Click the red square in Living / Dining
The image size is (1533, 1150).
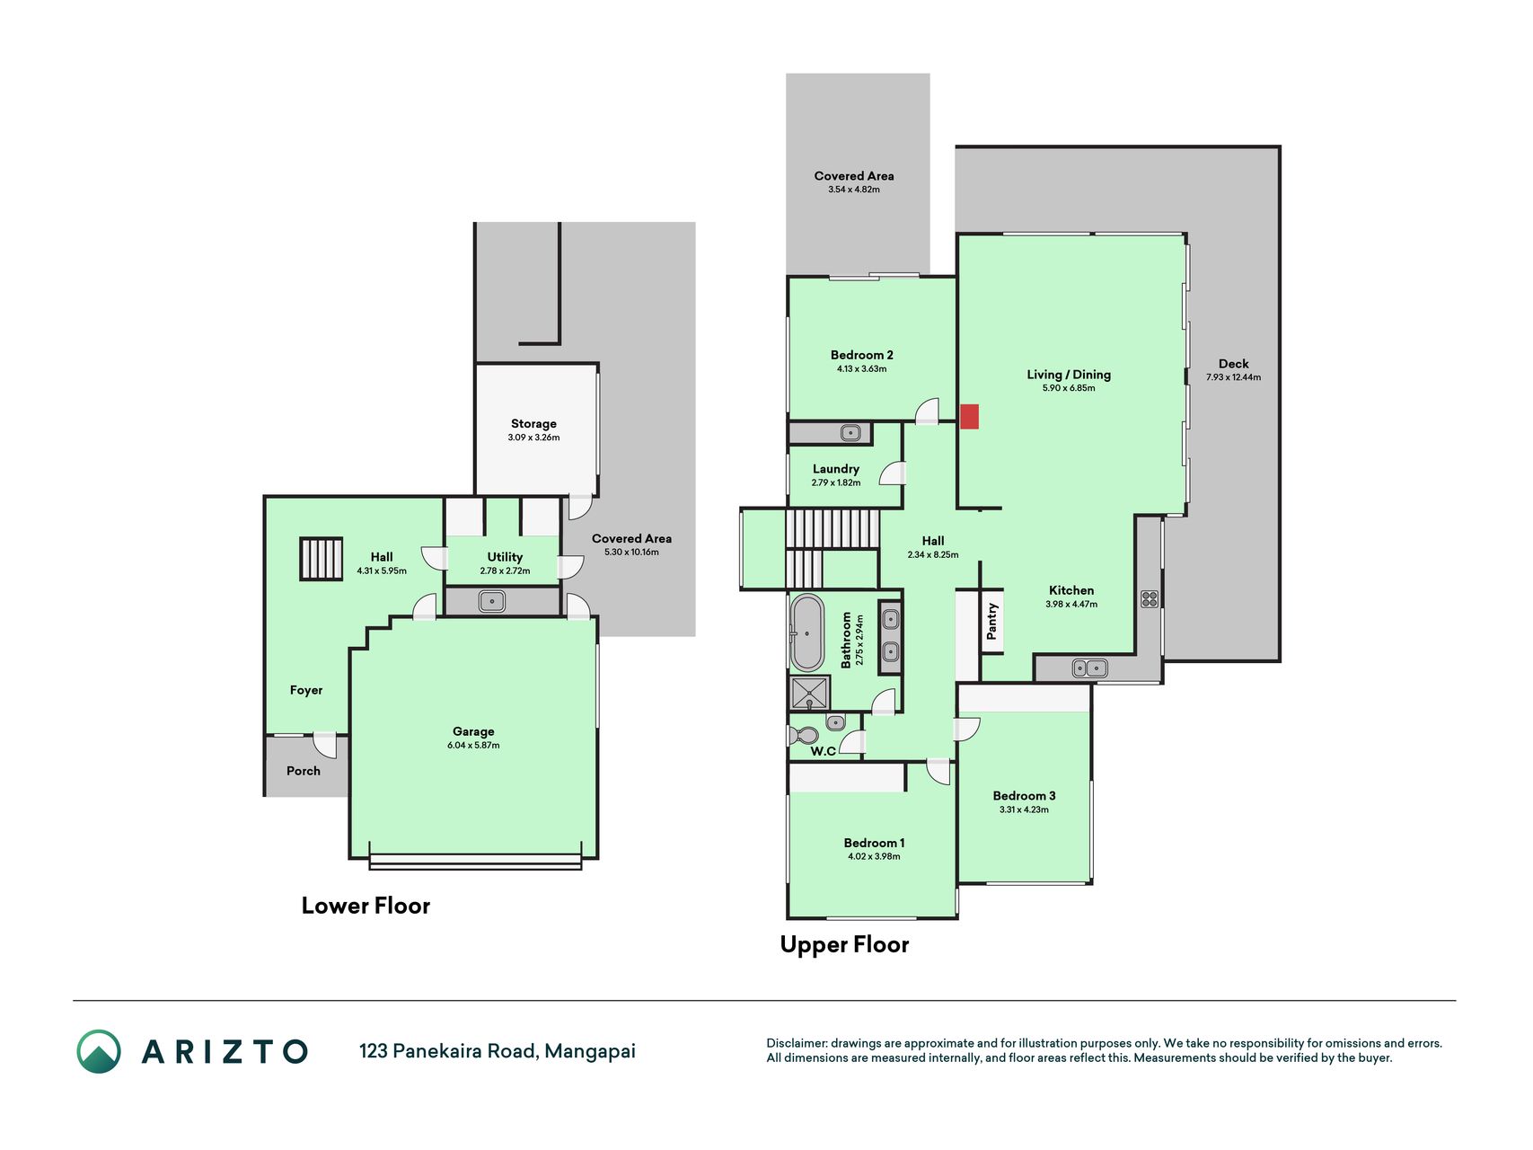pos(969,416)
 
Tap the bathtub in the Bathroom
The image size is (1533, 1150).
pos(806,632)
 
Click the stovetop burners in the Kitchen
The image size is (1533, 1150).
pos(1149,599)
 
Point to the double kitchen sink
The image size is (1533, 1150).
pos(1089,668)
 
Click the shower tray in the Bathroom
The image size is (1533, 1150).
pos(810,694)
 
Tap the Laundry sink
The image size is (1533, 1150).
pos(850,433)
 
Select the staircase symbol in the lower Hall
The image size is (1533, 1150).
pos(321,558)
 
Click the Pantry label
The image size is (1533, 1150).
pos(991,622)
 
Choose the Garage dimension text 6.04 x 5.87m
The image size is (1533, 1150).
pos(473,745)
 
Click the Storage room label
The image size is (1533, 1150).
pos(533,423)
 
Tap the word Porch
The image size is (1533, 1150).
pos(304,771)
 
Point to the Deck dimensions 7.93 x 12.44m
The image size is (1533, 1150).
pos(1233,377)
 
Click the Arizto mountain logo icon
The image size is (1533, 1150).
pos(99,1051)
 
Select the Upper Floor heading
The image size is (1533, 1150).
pos(844,944)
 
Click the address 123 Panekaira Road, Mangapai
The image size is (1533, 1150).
pos(498,1051)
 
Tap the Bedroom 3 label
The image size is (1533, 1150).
pos(1024,795)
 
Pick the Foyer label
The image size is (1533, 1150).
pos(306,690)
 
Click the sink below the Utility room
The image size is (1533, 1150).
pos(491,601)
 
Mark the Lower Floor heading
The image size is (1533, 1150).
pos(366,906)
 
